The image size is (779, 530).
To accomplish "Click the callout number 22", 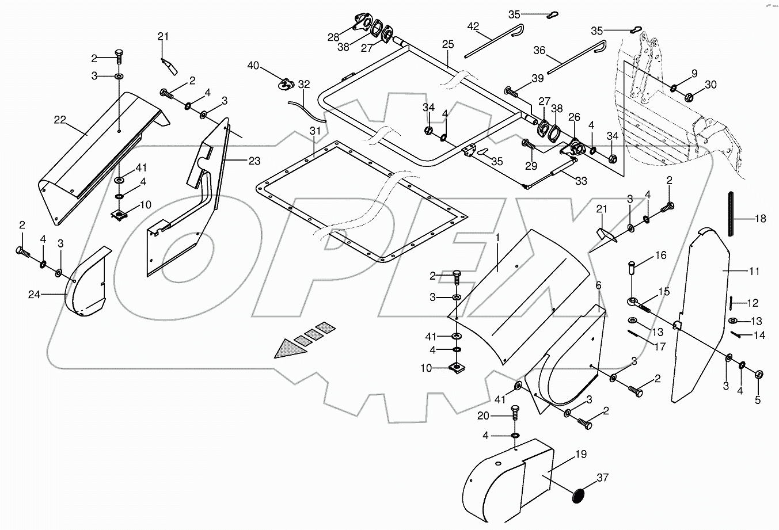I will coord(60,120).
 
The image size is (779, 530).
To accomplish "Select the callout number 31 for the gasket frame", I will coord(314,131).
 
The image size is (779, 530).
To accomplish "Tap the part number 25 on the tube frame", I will coord(448,44).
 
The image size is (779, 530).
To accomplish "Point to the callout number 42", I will coord(473,26).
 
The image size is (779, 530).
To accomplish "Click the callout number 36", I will coord(539,51).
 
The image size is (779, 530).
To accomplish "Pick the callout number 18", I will coord(760,218).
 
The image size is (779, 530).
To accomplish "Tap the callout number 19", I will coord(581,455).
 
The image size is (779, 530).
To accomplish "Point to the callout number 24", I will coord(35,295).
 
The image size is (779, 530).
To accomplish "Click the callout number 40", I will coord(253,66).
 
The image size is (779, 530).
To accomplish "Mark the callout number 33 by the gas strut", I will coord(581,181).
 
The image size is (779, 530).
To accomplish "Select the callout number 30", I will coord(711,84).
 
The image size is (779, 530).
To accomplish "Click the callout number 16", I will coord(660,254).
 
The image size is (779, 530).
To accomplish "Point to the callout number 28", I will coord(333,37).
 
